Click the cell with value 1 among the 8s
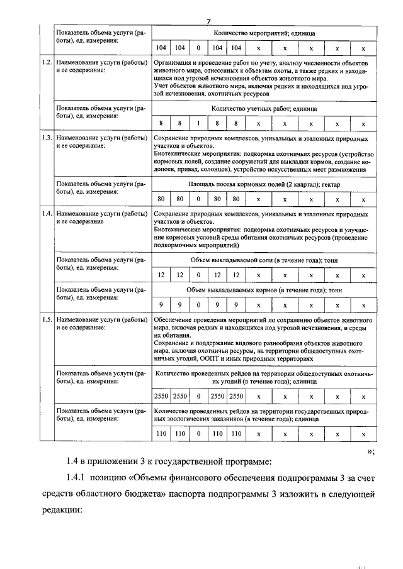click(198, 123)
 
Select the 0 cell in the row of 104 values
click(198, 48)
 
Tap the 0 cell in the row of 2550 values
click(198, 396)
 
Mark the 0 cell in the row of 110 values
click(198, 433)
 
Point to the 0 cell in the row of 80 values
click(198, 199)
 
